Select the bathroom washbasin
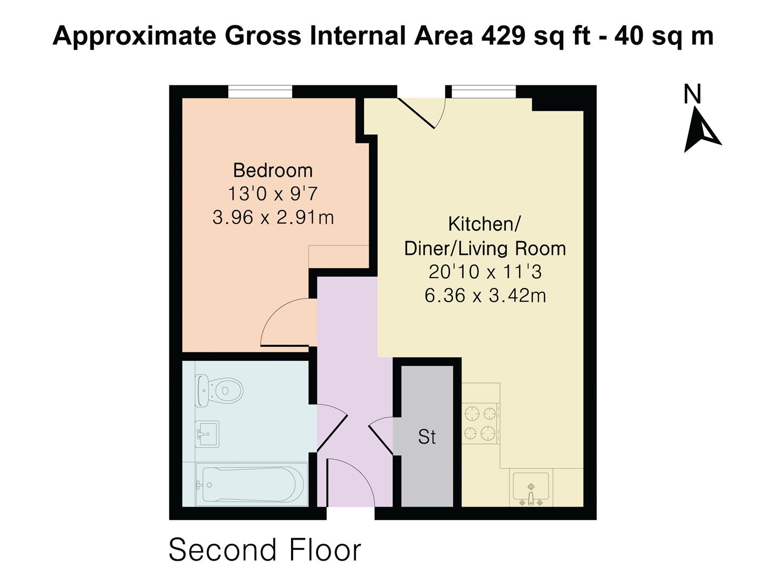[207, 434]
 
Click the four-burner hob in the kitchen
[480, 423]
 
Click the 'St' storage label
[427, 437]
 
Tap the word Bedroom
[273, 170]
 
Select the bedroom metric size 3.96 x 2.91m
[273, 217]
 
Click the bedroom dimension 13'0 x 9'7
[273, 194]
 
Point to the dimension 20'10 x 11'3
[485, 271]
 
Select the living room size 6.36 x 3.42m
[485, 296]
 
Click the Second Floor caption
[265, 550]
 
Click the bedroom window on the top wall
[260, 92]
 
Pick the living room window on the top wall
[484, 92]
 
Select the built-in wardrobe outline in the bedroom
[339, 256]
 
